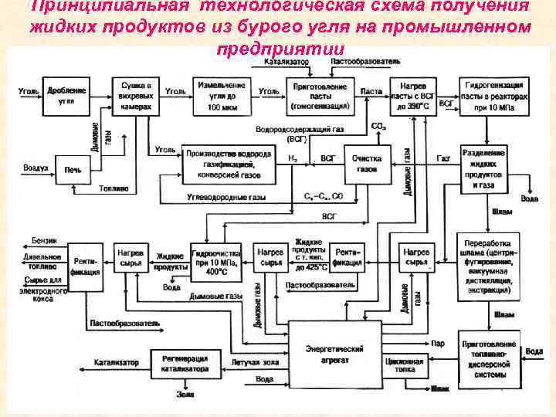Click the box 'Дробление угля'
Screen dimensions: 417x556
(66, 96)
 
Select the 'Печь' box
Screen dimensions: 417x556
(73, 168)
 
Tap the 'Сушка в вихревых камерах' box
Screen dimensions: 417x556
(136, 96)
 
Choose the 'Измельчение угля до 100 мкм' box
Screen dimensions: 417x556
(221, 95)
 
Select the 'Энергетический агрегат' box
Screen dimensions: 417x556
(334, 354)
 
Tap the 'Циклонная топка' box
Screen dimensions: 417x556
(403, 365)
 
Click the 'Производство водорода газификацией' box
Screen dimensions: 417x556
(228, 164)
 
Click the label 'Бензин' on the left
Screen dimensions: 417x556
(43, 241)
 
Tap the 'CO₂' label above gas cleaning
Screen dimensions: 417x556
(378, 126)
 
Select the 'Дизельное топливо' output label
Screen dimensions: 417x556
(42, 262)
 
